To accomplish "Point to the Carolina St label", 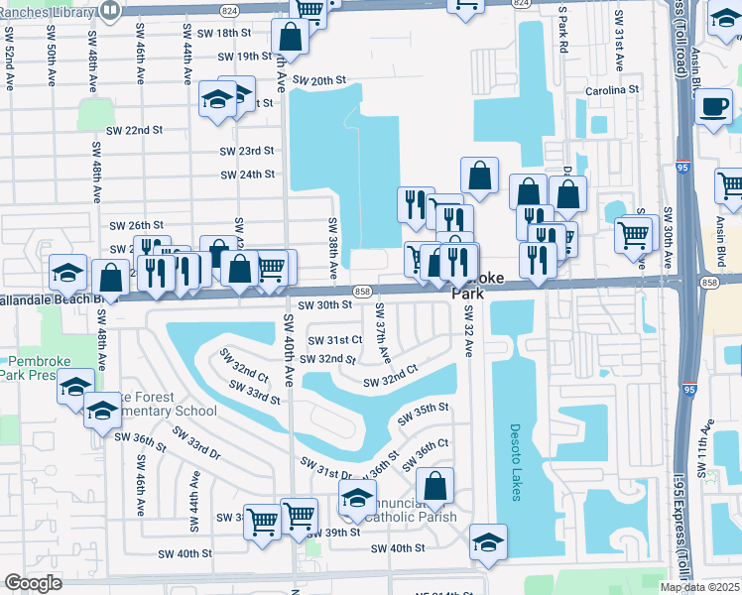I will click(611, 89).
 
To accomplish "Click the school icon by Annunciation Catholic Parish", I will click(357, 499).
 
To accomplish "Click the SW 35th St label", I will click(425, 412).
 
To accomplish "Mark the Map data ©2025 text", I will click(698, 587).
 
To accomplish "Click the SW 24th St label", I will click(247, 175).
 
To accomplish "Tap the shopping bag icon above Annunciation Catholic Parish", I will click(434, 487).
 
